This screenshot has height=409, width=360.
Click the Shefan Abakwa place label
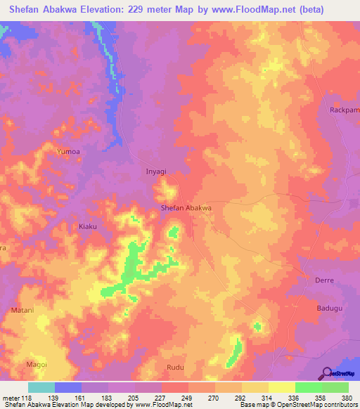pyautogui.click(x=186, y=208)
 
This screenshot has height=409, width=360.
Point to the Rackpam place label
pyautogui.click(x=344, y=110)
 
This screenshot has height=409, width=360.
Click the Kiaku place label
pyautogui.click(x=88, y=227)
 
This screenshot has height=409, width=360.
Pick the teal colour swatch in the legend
pyautogui.click(x=41, y=387)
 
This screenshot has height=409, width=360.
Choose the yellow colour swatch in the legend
pyautogui.click(x=281, y=387)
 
